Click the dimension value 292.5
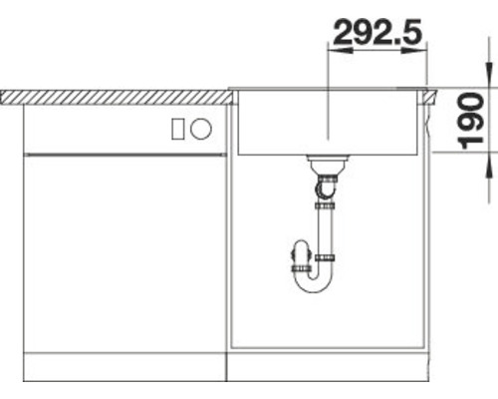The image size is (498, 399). [x=377, y=32]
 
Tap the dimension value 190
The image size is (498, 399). [x=470, y=121]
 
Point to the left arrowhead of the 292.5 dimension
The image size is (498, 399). [x=341, y=51]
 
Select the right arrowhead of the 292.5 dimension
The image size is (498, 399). [x=413, y=51]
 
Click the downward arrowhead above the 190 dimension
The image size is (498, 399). [x=489, y=75]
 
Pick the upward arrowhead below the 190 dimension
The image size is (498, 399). [x=489, y=165]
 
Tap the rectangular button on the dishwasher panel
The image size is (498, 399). [x=177, y=129]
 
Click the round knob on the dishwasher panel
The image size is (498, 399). [x=201, y=129]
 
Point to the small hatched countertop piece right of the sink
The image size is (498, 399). [x=430, y=97]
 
